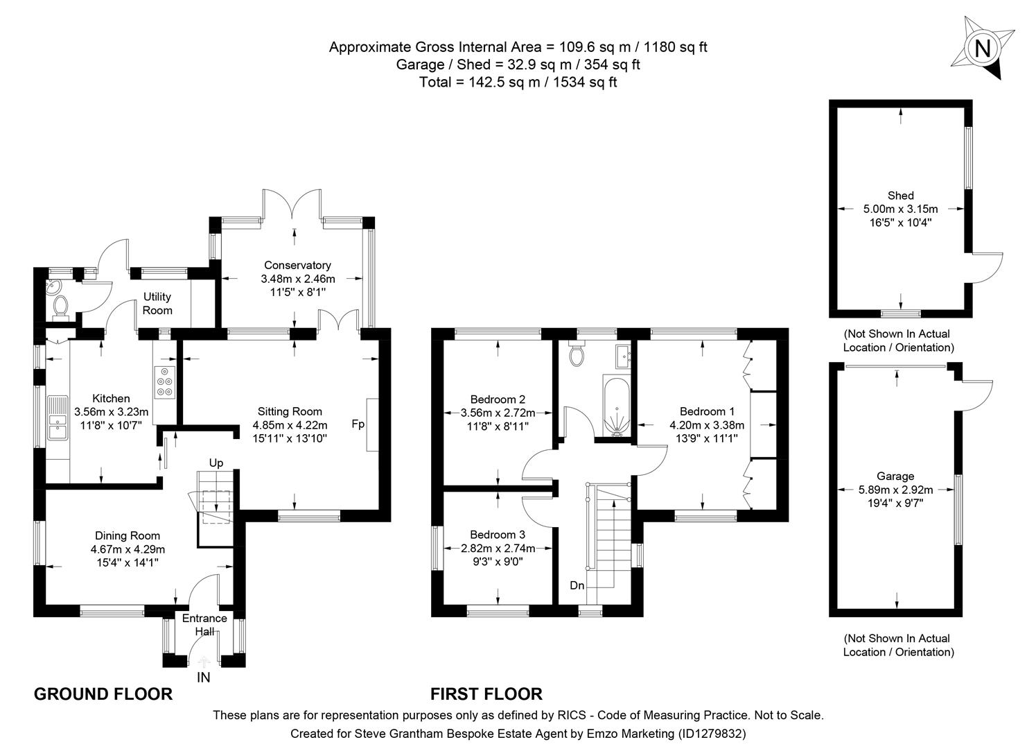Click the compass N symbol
tap(982, 49)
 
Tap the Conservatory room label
tap(297, 265)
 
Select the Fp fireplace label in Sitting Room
tap(358, 424)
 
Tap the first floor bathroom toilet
tap(576, 355)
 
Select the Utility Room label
tap(157, 304)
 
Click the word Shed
tap(900, 196)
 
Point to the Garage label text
tap(895, 476)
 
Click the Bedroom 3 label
tap(497, 535)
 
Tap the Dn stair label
tap(577, 586)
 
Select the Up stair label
tap(216, 463)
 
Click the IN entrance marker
tap(204, 678)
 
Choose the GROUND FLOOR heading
tap(103, 694)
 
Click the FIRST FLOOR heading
tap(486, 694)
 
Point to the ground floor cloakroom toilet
tap(60, 305)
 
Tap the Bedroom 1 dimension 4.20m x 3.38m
tap(707, 425)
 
